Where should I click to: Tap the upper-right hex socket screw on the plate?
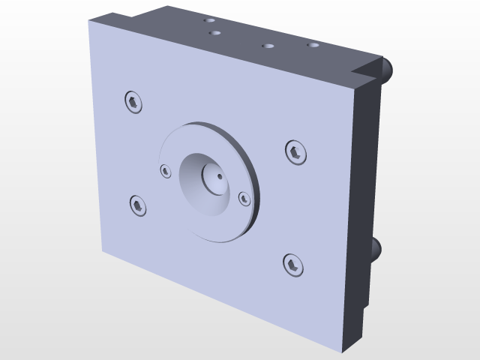click(295, 152)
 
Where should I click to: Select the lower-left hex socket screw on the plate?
click(138, 204)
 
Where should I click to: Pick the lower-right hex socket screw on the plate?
click(292, 264)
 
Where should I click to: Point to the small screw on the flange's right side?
click(244, 198)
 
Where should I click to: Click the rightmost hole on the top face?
click(313, 46)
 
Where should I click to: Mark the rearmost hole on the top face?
click(211, 22)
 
